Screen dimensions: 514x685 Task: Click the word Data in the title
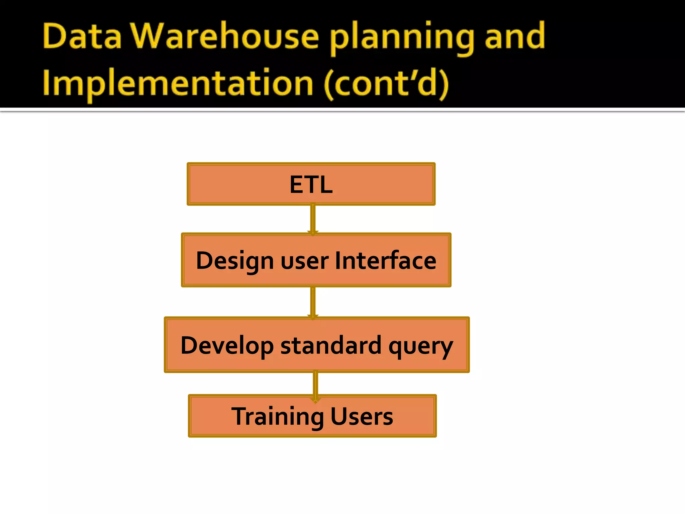point(82,36)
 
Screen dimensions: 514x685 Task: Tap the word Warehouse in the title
point(224,36)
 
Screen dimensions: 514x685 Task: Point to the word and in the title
point(515,36)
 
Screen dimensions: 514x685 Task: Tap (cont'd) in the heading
point(386,84)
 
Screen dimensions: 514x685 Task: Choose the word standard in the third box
point(331,345)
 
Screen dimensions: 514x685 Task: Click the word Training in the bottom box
point(278,417)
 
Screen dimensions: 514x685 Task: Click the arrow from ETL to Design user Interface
point(313,219)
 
